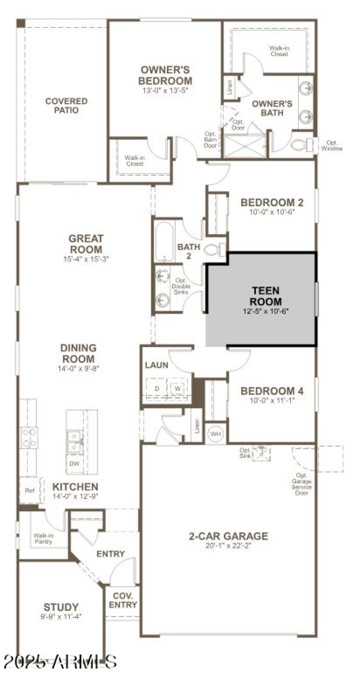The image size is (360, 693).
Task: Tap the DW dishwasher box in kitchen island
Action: (x=74, y=463)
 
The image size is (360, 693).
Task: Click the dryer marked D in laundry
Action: (x=157, y=388)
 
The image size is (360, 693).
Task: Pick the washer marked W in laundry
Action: (x=177, y=388)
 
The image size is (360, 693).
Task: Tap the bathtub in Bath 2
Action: (x=164, y=242)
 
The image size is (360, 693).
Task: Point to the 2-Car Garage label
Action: (x=229, y=536)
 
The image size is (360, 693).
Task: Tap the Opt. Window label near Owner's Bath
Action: (x=334, y=145)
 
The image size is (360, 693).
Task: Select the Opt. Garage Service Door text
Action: (x=301, y=484)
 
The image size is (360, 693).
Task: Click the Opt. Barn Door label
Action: (x=211, y=139)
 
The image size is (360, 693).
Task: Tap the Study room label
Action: (x=61, y=607)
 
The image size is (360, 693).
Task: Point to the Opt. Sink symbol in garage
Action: (x=261, y=452)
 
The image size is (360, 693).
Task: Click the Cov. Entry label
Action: (x=122, y=600)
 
